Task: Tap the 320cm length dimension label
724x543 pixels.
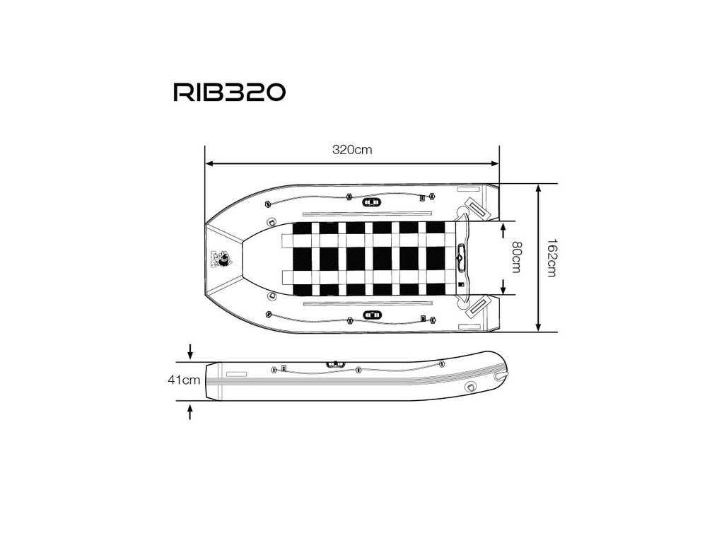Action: click(352, 150)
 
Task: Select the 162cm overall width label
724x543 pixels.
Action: click(551, 258)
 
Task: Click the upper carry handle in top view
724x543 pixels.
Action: click(370, 202)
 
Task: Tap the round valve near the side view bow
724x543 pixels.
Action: click(470, 387)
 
